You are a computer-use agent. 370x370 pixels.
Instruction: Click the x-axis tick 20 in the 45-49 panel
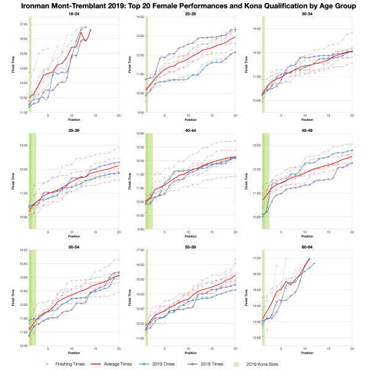point(352,233)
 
